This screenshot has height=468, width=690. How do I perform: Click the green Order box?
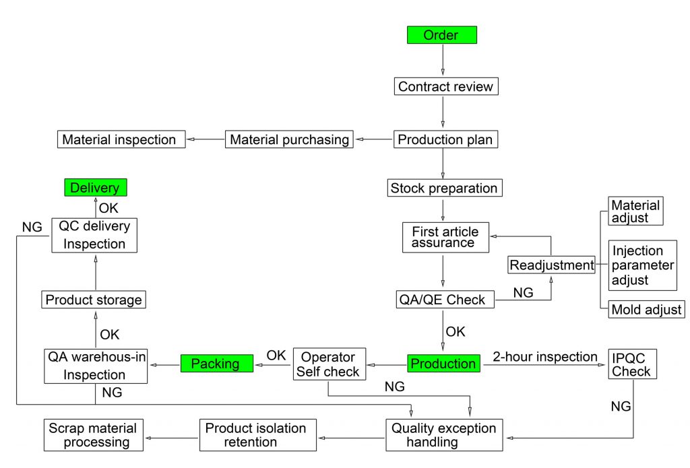pos(442,35)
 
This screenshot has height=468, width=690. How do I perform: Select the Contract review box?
pos(445,86)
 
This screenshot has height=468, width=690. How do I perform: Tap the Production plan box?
pos(445,140)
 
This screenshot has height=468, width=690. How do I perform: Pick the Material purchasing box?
pos(290,140)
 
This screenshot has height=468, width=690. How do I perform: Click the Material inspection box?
pos(119,140)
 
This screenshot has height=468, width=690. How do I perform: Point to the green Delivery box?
pos(95,188)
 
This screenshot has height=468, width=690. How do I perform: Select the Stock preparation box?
pos(444,188)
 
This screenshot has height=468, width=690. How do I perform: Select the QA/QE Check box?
pos(445,300)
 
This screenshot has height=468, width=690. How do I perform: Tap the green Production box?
pos(443,364)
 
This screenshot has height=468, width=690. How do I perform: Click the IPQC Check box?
pos(631,364)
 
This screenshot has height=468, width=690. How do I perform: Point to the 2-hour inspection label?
pos(544,356)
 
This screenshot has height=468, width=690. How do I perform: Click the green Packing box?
pos(216,364)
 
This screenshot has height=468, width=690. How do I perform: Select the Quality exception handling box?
pos(443,435)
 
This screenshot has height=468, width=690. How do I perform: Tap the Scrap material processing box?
pos(93,435)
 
